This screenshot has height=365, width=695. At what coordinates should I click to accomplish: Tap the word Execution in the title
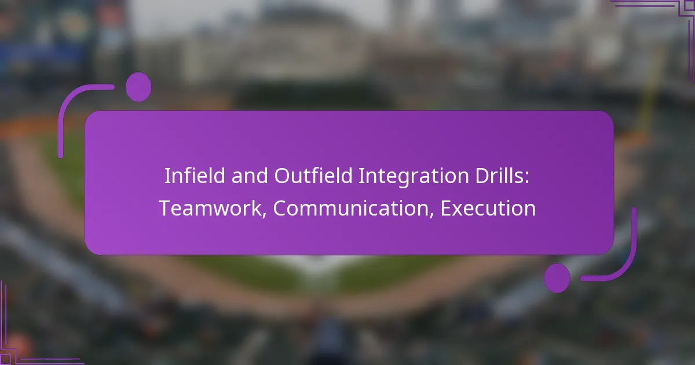coord(488,209)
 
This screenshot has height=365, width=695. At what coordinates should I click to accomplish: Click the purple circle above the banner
coord(138,87)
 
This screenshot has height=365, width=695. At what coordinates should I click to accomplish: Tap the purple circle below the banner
coord(557,278)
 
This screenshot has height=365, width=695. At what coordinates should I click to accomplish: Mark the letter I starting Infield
coord(167,176)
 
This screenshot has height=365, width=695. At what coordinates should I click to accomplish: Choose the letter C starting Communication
coord(280,209)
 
